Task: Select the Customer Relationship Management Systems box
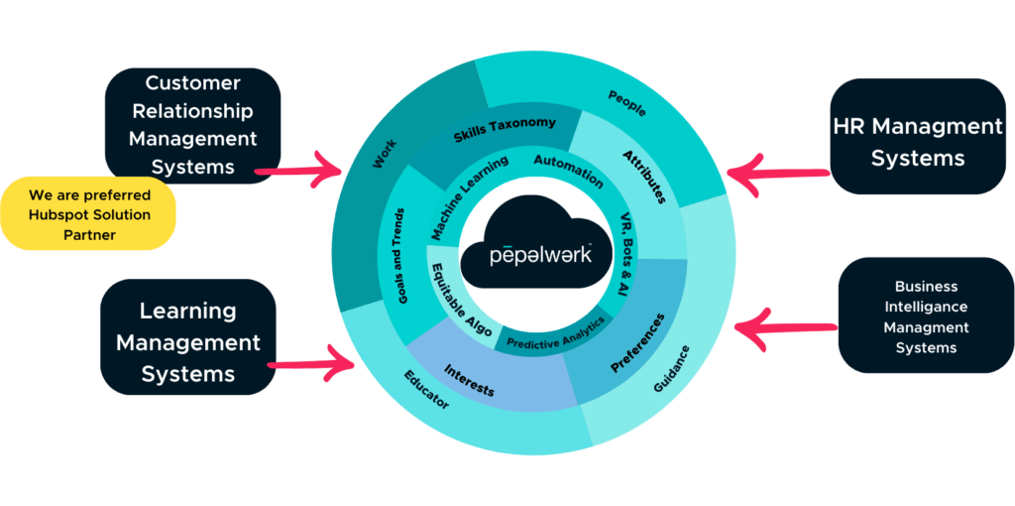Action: click(193, 125)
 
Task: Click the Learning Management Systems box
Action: click(187, 342)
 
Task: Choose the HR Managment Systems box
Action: click(917, 142)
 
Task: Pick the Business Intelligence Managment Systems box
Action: click(926, 316)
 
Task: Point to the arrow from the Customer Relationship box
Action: click(312, 169)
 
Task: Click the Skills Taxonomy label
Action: click(505, 129)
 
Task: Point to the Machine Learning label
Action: click(469, 196)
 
